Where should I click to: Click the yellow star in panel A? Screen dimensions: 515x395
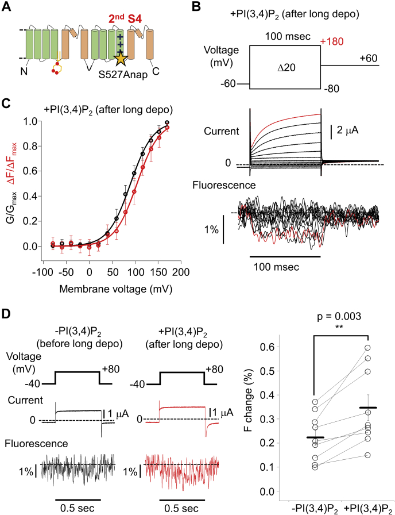(x=121, y=58)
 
